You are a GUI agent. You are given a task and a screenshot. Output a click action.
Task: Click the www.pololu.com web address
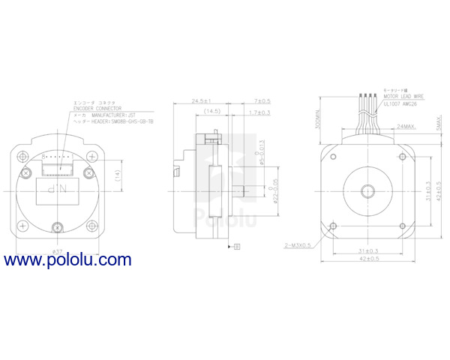(x=67, y=260)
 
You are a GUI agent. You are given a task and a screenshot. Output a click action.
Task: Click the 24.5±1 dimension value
(x=200, y=100)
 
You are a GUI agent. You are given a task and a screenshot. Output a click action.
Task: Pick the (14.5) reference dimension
(x=210, y=112)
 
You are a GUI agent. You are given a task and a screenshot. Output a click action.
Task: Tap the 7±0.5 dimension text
(x=262, y=100)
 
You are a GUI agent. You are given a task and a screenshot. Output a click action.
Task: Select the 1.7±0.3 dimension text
(x=260, y=112)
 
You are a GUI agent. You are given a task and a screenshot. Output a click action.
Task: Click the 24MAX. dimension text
(x=408, y=127)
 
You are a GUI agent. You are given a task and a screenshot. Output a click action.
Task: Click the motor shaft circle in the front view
(x=367, y=189)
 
